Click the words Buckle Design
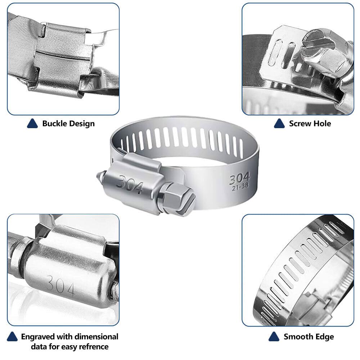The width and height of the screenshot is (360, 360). click(x=68, y=123)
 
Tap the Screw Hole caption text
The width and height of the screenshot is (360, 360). click(x=310, y=123)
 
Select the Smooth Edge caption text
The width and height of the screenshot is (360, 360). click(x=309, y=337)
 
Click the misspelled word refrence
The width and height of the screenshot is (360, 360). click(x=94, y=347)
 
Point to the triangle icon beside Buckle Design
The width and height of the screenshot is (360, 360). click(x=32, y=123)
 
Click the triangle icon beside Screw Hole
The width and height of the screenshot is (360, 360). click(x=279, y=123)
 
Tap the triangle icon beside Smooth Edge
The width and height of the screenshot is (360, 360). click(x=274, y=337)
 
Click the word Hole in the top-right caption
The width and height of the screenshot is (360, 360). click(x=322, y=123)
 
